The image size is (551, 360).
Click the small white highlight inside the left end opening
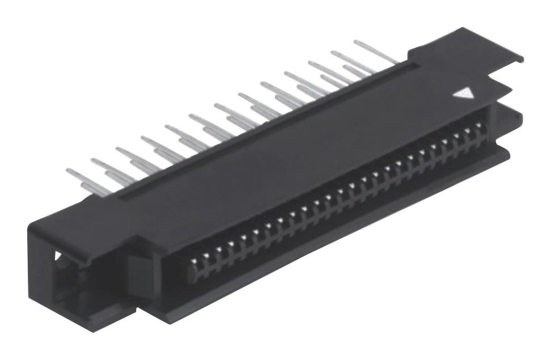(58, 256)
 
